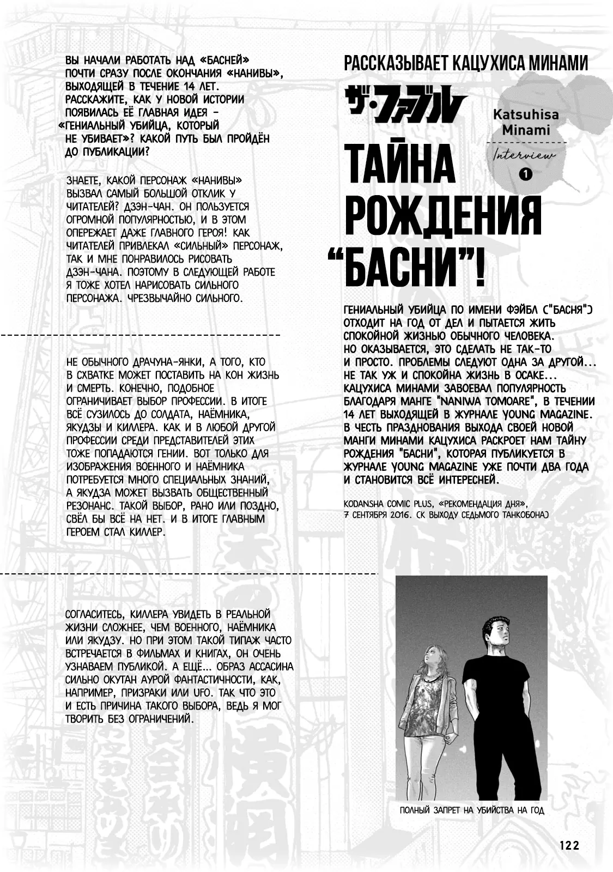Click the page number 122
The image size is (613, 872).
tap(569, 845)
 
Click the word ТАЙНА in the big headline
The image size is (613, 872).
tap(400, 164)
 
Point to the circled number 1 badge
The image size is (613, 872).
tap(525, 175)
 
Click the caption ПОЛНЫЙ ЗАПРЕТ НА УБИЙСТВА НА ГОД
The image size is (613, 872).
tap(472, 810)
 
